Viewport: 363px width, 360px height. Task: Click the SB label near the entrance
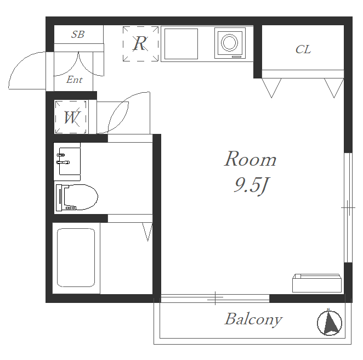point(78,35)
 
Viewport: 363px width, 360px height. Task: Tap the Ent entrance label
point(75,80)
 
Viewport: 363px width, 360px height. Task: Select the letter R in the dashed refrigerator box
point(140,43)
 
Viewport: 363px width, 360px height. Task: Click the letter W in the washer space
point(72,117)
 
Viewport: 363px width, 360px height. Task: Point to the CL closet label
point(303,49)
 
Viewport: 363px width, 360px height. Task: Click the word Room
point(250,159)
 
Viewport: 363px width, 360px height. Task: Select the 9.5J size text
point(251,185)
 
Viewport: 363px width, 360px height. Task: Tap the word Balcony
point(253,319)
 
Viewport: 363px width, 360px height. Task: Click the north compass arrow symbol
point(329,322)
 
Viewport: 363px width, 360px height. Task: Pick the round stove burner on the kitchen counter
point(229,43)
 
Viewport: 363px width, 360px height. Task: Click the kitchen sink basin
point(181,44)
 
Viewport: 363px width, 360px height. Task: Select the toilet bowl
point(77,198)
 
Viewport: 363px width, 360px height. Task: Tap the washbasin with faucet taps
point(67,161)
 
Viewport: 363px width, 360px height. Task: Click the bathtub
point(76,257)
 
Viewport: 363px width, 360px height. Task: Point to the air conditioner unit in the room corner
point(317,283)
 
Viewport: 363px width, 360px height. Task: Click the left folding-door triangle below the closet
point(271,88)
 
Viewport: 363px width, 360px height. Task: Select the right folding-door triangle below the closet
point(334,88)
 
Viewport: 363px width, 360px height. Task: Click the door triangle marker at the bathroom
point(148,232)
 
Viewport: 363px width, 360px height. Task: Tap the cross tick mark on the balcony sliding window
point(215,298)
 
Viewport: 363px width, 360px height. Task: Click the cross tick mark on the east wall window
point(348,208)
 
